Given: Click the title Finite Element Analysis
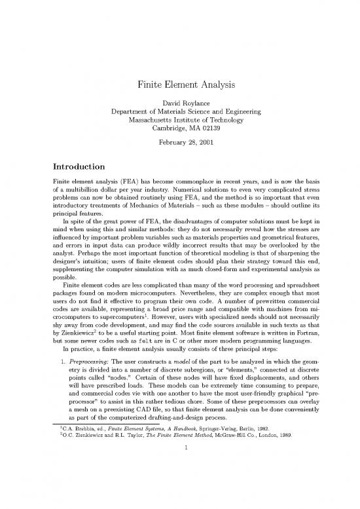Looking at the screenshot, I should pos(180,85).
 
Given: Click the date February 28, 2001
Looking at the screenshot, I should pos(180,143).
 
